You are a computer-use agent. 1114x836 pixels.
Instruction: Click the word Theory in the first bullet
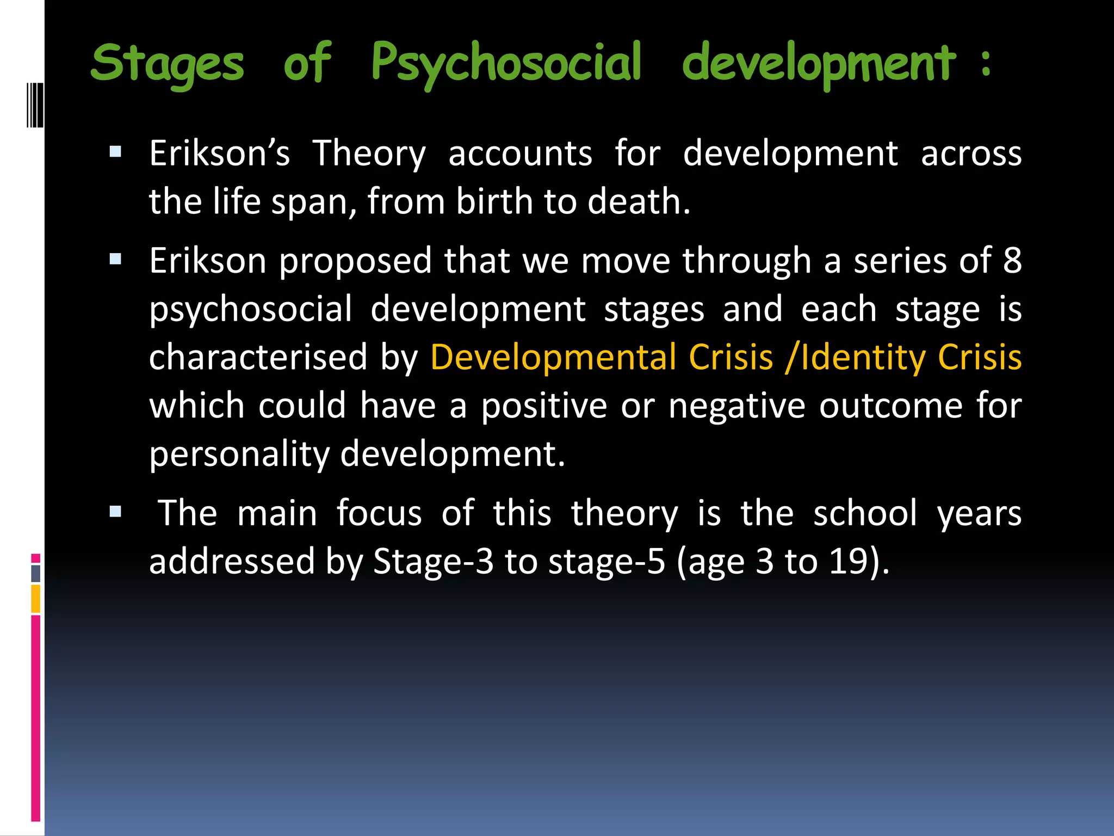[x=369, y=154]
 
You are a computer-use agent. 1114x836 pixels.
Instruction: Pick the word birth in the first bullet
[x=494, y=201]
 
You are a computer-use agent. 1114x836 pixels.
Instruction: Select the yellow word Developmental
[x=547, y=358]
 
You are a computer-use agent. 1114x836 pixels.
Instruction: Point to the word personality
[x=239, y=454]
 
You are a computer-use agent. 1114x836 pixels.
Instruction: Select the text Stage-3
[x=433, y=561]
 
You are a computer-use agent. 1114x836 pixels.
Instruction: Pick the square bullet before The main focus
[x=115, y=511]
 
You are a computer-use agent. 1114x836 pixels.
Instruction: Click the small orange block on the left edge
[x=36, y=599]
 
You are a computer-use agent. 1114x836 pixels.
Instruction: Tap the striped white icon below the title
[x=35, y=104]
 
